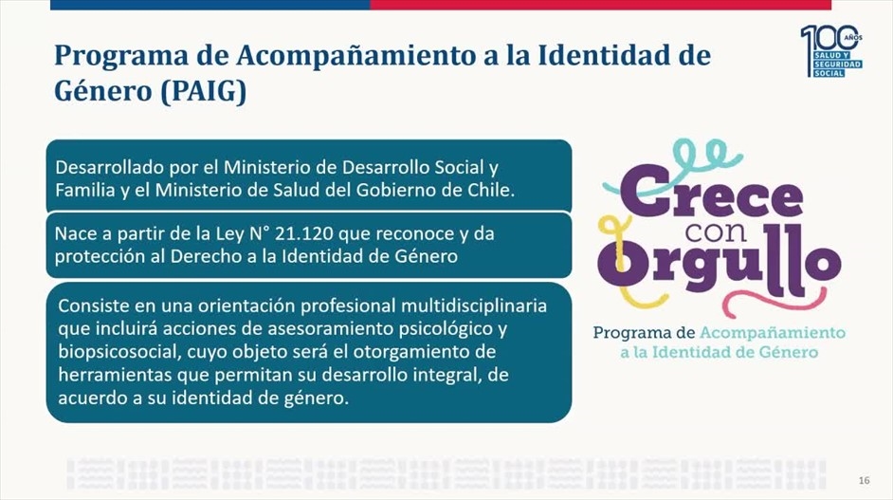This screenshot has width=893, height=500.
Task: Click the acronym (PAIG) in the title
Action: [203, 91]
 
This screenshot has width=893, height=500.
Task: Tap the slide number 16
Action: [864, 481]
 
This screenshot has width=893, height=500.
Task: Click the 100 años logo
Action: [831, 50]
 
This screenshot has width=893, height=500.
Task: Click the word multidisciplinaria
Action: [474, 306]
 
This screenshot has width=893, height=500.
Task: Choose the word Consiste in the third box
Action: [94, 306]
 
